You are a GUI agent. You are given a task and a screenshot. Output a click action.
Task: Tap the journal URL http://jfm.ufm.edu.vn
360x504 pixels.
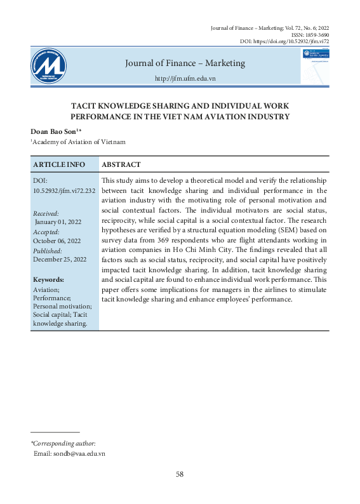pyautogui.click(x=185, y=78)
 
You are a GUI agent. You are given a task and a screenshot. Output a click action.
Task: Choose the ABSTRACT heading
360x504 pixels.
pyautogui.click(x=121, y=164)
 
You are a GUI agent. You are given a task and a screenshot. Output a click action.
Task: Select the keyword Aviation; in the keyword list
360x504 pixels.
pyautogui.click(x=45, y=289)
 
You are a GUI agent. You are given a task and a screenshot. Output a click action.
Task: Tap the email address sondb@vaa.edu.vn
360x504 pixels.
pyautogui.click(x=78, y=454)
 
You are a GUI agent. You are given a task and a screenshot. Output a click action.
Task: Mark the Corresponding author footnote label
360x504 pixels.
pyautogui.click(x=63, y=444)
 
